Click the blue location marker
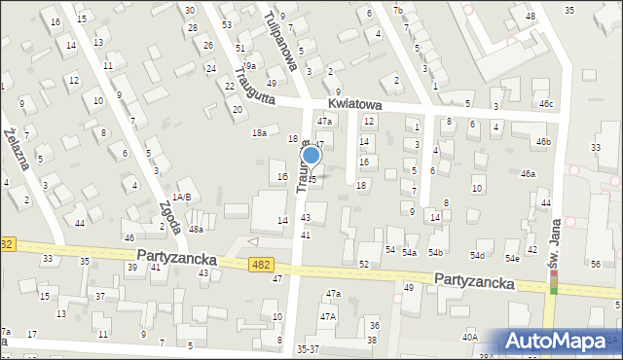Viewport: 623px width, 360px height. (x=311, y=155)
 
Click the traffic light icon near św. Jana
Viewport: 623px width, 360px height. (x=554, y=282)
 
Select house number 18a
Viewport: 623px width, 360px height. (x=259, y=132)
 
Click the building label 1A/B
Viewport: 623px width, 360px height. (x=181, y=197)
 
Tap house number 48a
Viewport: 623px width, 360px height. (x=196, y=230)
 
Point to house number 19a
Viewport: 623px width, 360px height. (x=249, y=65)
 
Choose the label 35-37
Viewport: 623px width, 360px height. (x=309, y=348)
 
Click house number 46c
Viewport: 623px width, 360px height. (x=546, y=103)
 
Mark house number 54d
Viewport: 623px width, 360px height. (x=477, y=256)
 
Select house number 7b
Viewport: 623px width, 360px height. (x=397, y=10)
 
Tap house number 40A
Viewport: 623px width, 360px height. (x=470, y=337)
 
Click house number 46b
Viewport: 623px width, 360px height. (x=542, y=142)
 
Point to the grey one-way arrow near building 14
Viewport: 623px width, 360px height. (x=254, y=241)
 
